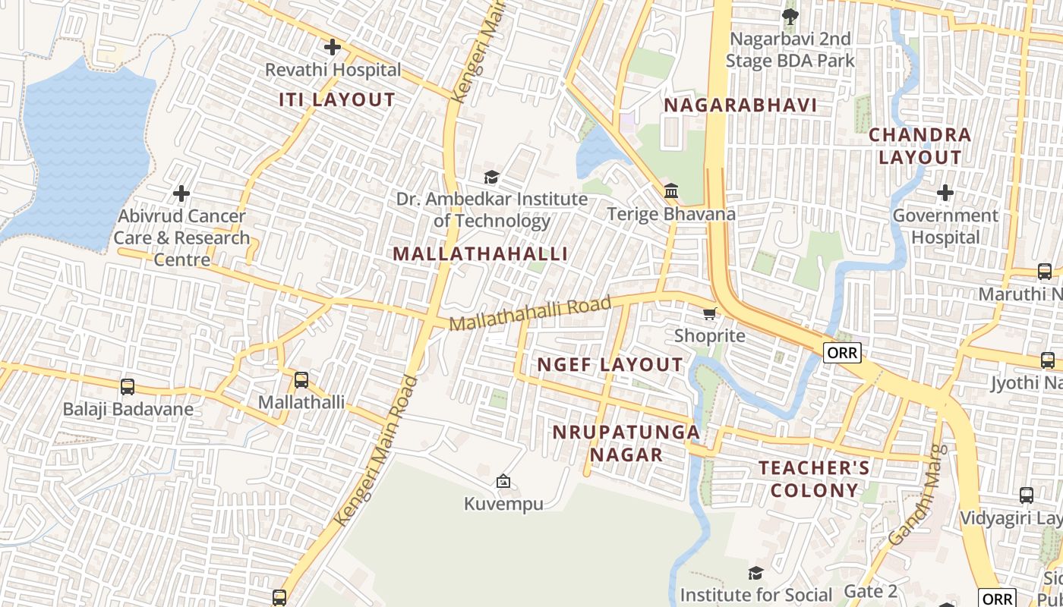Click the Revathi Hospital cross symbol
click(x=332, y=47)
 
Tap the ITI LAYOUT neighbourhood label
click(x=337, y=99)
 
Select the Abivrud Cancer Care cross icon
click(x=181, y=193)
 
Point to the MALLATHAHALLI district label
click(x=480, y=253)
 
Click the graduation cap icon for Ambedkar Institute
click(x=491, y=177)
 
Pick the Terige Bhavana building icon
click(x=671, y=190)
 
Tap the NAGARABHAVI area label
click(x=740, y=105)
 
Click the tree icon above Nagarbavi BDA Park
click(x=790, y=15)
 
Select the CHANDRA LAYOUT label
click(x=919, y=146)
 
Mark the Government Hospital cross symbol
click(x=945, y=193)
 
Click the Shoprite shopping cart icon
click(x=709, y=313)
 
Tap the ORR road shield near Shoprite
click(x=842, y=353)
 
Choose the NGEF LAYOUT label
click(x=610, y=365)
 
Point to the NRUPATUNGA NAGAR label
click(x=626, y=443)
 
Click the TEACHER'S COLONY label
click(x=814, y=479)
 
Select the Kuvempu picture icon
click(x=503, y=480)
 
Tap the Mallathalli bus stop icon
click(x=301, y=380)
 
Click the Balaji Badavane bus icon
click(x=128, y=387)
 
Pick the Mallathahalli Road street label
click(x=530, y=313)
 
